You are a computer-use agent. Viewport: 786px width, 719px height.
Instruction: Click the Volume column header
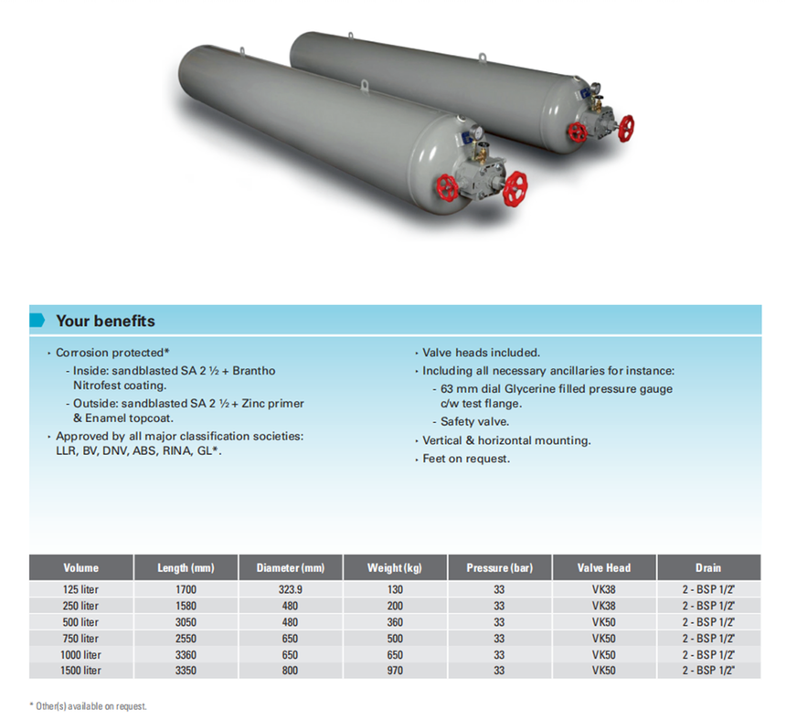point(80,567)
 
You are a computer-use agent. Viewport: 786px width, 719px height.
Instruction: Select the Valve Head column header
point(604,567)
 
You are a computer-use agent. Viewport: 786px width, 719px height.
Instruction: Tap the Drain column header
point(708,567)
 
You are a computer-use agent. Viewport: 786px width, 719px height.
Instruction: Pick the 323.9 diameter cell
point(291,590)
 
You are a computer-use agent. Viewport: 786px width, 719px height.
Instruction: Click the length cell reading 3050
point(186,622)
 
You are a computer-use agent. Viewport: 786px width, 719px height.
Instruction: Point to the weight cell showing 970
point(395,671)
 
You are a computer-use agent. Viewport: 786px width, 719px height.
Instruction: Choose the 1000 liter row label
point(80,655)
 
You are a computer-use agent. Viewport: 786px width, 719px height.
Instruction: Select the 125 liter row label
point(80,590)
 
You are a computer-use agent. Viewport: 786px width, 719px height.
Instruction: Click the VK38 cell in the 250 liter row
point(603,606)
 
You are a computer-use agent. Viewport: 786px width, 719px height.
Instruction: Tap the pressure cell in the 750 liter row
point(499,639)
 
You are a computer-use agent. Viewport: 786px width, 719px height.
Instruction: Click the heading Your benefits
point(105,321)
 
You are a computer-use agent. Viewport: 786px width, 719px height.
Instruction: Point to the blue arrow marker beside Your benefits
point(37,320)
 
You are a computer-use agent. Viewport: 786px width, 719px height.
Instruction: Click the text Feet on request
point(466,459)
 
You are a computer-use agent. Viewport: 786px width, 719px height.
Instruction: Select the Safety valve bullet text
point(474,422)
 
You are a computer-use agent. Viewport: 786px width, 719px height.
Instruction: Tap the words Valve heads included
point(482,353)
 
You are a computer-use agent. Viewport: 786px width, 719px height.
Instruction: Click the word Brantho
point(254,371)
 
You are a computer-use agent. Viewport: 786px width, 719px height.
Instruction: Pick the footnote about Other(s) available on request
point(89,706)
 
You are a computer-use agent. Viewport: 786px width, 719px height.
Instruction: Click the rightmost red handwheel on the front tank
point(515,189)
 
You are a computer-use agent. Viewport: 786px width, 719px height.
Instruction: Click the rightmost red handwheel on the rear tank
point(626,128)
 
